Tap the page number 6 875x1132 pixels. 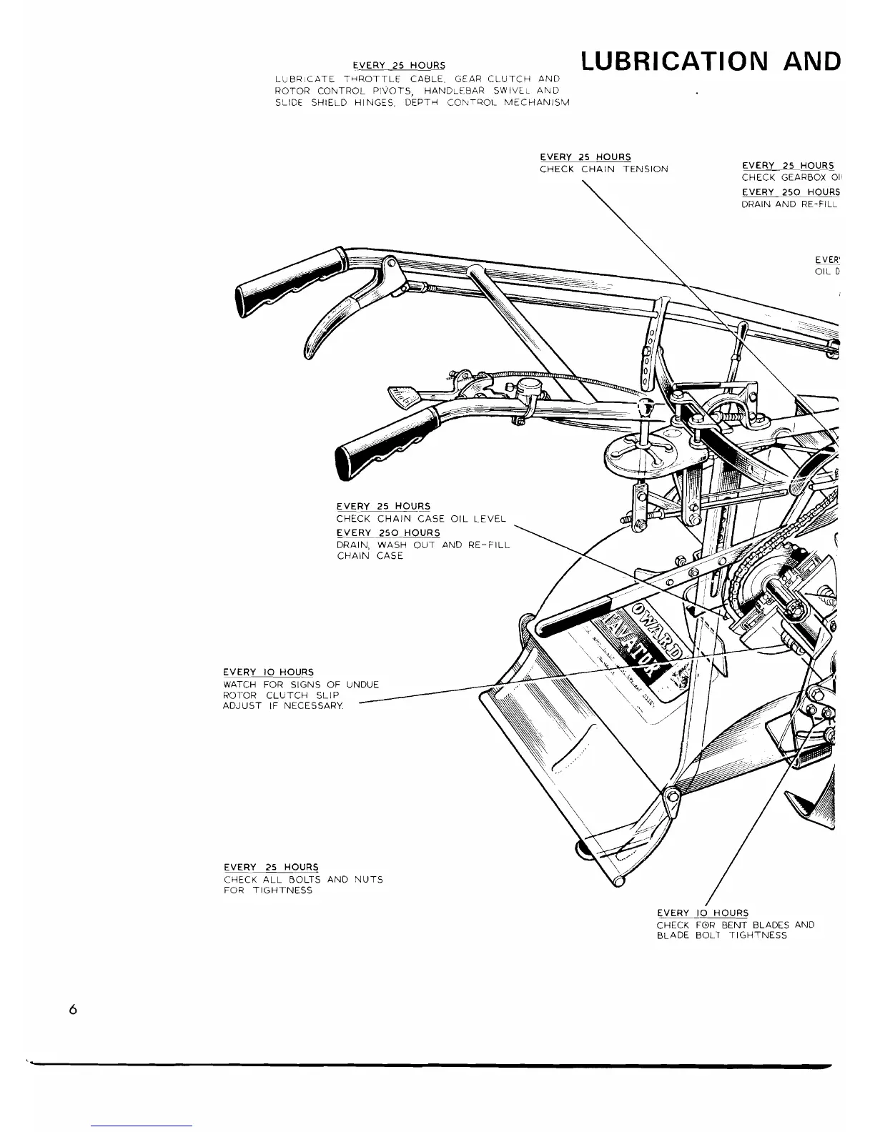(x=73, y=1010)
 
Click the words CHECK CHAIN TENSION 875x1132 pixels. (x=603, y=169)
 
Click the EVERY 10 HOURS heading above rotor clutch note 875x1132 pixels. (x=268, y=672)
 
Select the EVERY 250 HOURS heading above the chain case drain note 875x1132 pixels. (x=388, y=533)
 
